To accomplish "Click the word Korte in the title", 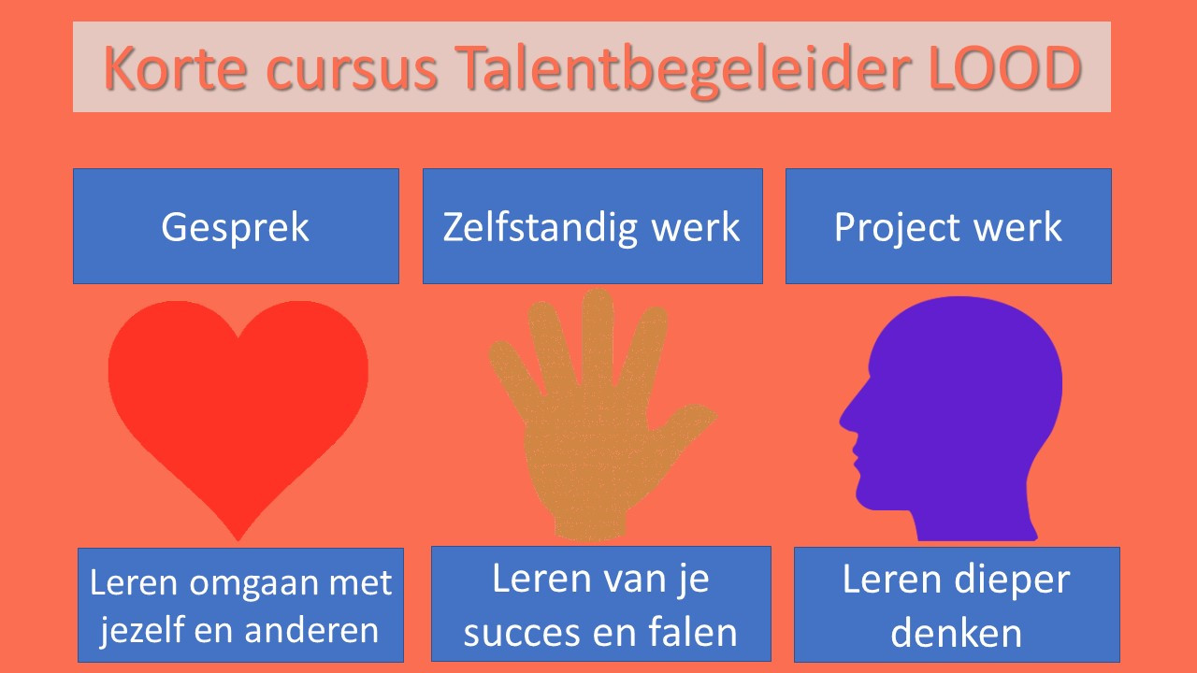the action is pos(175,68).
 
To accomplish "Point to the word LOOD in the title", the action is pos(1005,67).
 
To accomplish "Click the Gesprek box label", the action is pos(235,228).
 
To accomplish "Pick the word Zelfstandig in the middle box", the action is pos(541,228).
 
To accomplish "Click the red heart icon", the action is pos(238,411).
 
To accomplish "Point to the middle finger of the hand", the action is pos(598,336).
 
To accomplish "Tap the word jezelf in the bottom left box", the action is pos(140,630).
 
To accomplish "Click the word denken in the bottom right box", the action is pos(956,633).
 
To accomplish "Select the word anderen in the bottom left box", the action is pos(311,630).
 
